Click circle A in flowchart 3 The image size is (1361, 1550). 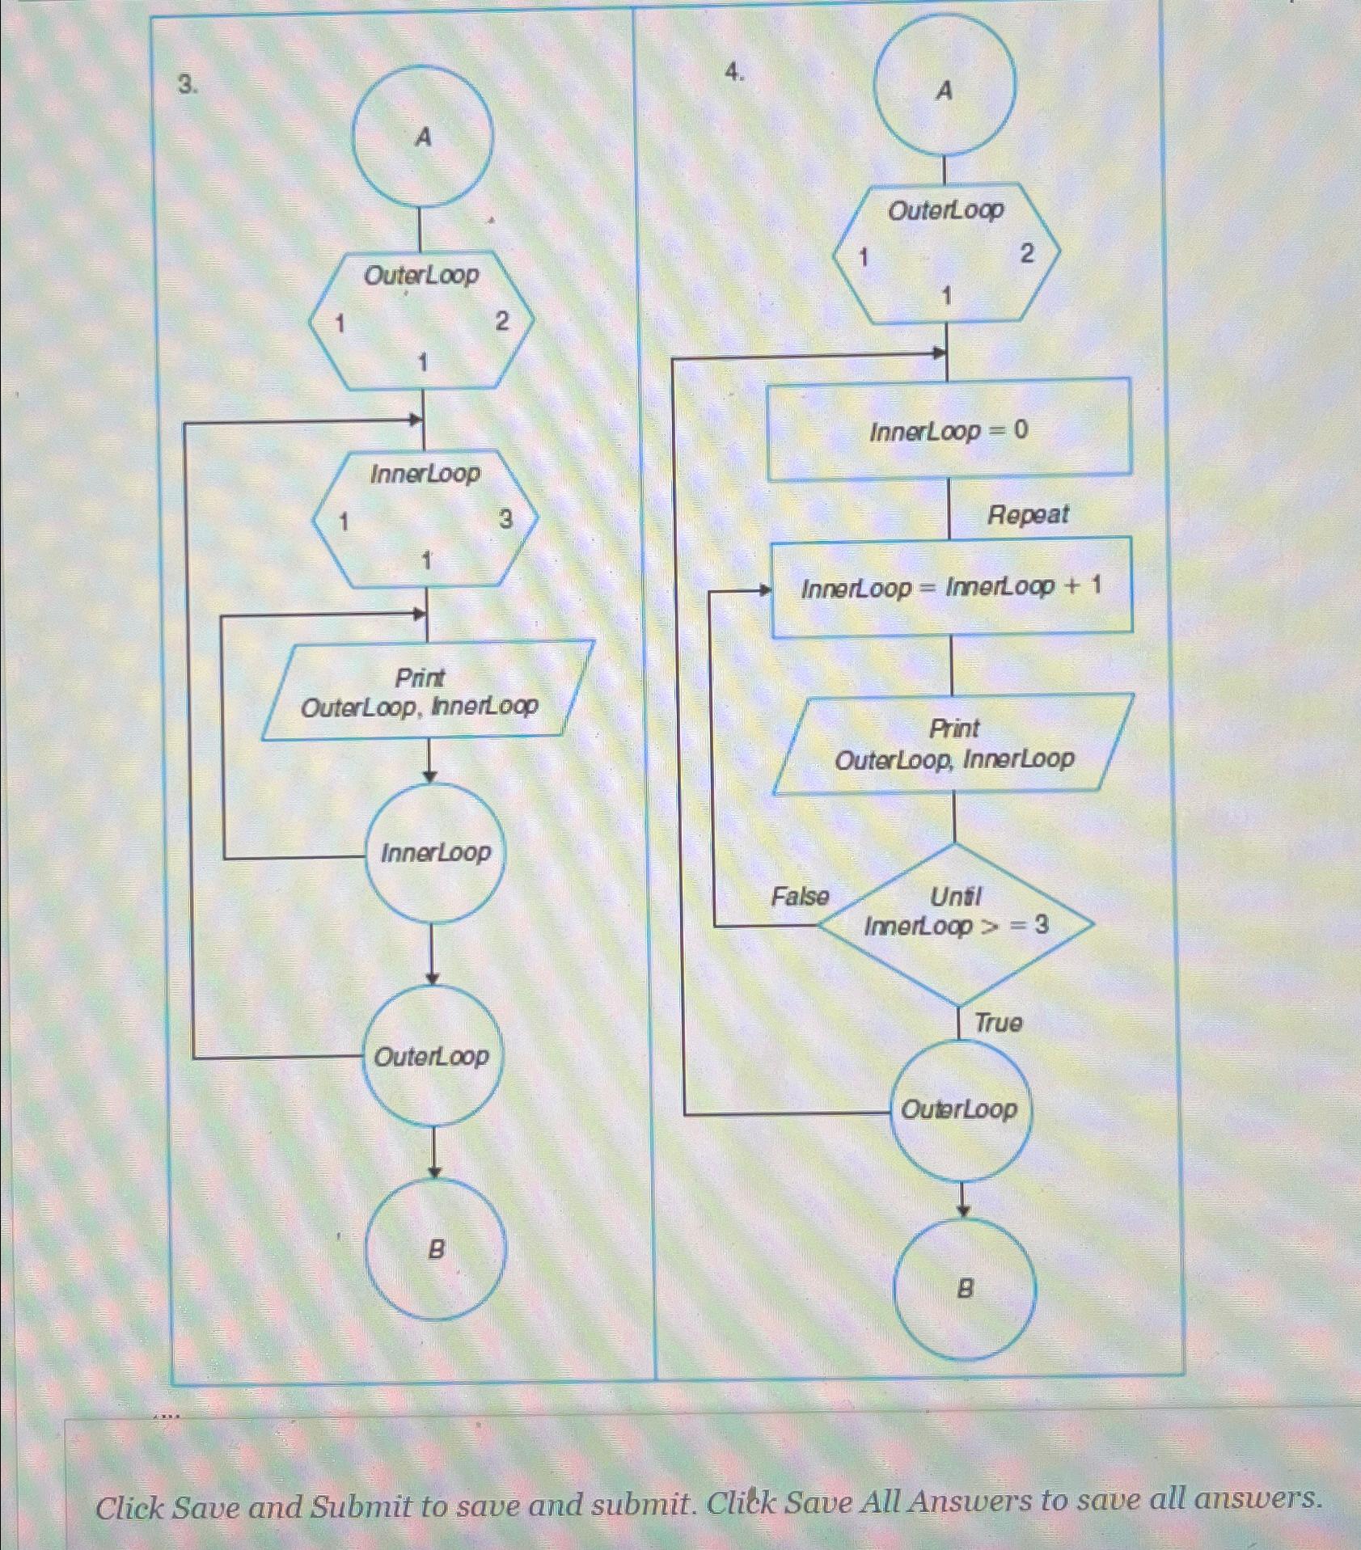click(x=422, y=137)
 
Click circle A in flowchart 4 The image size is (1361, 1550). click(x=944, y=85)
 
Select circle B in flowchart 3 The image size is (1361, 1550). click(x=435, y=1249)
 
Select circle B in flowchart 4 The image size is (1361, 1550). click(x=964, y=1289)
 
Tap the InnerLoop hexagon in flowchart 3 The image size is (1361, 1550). click(x=425, y=518)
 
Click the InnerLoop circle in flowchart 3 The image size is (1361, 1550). click(x=434, y=852)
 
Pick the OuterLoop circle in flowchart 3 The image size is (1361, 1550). click(x=432, y=1055)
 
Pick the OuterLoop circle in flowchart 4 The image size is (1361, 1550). click(x=960, y=1109)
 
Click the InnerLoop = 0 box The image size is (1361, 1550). click(x=949, y=429)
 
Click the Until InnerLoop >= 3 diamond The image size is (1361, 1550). click(x=957, y=923)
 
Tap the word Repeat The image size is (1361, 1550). click(x=1028, y=514)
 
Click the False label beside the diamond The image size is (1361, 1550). click(x=800, y=897)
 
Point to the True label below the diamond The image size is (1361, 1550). click(x=998, y=1023)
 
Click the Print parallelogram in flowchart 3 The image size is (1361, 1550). click(x=428, y=691)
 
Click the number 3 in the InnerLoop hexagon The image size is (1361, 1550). click(x=505, y=519)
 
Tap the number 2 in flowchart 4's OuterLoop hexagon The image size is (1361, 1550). click(x=1026, y=254)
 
